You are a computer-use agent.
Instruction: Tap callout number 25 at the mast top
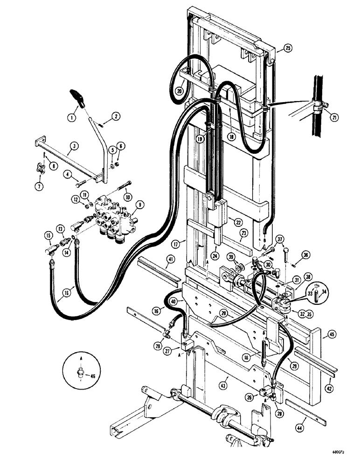coord(288,48)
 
